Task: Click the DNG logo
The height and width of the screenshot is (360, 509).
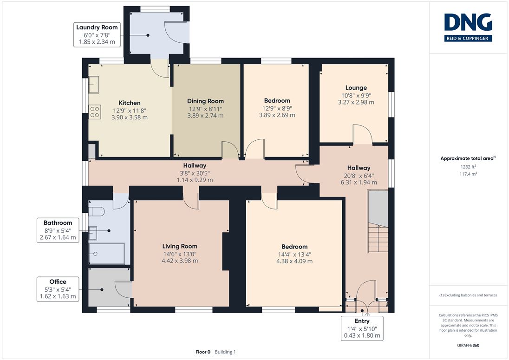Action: [x=468, y=27]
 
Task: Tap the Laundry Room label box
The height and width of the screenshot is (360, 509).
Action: [x=97, y=35]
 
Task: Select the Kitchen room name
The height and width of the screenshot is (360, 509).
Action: [x=130, y=103]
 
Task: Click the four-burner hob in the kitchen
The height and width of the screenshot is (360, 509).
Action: [x=95, y=111]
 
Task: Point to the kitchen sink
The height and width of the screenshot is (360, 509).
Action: [x=94, y=85]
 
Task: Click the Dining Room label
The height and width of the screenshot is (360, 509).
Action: [x=205, y=101]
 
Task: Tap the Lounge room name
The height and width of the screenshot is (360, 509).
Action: [x=356, y=88]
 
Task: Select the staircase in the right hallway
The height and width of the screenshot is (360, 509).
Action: [x=378, y=222]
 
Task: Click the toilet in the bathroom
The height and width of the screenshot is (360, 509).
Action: [x=97, y=212]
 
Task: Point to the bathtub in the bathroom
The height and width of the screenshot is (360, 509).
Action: [x=106, y=254]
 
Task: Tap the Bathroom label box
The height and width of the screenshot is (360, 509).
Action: [x=58, y=230]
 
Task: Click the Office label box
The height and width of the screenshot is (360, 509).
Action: [x=58, y=289]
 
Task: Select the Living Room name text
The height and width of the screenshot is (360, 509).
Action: [x=180, y=246]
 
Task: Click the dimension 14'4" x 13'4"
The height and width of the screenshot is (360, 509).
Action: [x=294, y=255]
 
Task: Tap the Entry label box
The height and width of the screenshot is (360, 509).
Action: [x=362, y=328]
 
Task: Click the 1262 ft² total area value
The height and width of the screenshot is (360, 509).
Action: [x=468, y=167]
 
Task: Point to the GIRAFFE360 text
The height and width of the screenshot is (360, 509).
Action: [x=468, y=346]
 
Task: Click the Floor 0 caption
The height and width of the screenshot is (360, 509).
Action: [x=203, y=352]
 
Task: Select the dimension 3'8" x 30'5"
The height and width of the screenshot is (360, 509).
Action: [x=195, y=173]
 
